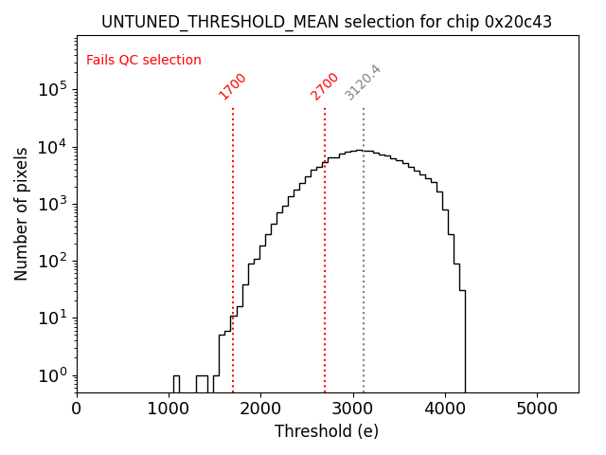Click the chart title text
point(327,22)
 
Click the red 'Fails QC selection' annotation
point(144,61)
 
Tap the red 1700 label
point(232,85)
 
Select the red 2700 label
point(324,85)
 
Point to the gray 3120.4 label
point(363,82)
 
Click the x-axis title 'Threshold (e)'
point(327,431)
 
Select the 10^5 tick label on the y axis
point(53,90)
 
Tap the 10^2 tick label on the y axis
point(53,262)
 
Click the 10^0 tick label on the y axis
point(53,375)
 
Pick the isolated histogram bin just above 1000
point(176,383)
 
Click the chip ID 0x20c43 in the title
point(518,22)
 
